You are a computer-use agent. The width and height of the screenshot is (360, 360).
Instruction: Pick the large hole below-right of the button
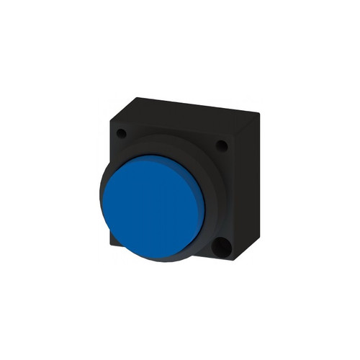pos(222,249)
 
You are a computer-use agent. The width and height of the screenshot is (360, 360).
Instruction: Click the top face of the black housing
pos(184,108)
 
